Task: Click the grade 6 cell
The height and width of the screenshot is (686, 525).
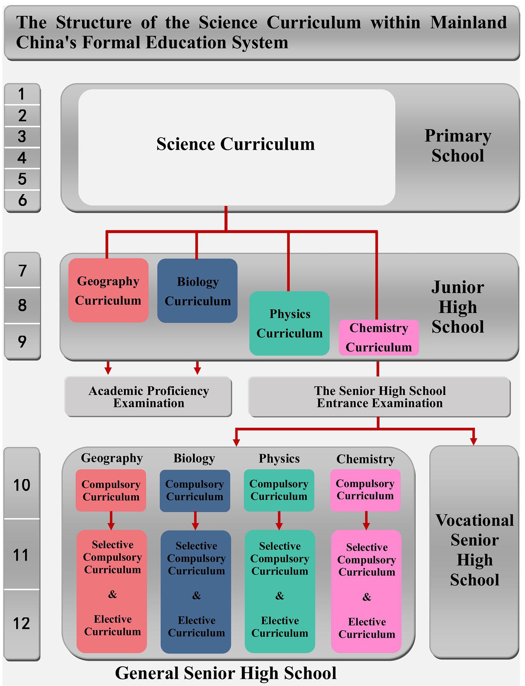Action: (22, 200)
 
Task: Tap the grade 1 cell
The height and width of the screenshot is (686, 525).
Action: (22, 94)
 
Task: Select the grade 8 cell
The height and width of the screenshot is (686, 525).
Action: (22, 305)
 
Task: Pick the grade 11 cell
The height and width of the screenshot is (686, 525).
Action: (21, 555)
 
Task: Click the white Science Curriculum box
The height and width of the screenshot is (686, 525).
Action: (236, 147)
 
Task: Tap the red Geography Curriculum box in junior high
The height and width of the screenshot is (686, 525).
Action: (108, 290)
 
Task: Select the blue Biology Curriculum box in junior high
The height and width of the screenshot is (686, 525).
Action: (197, 291)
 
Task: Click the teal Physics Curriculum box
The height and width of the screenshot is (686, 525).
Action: (289, 323)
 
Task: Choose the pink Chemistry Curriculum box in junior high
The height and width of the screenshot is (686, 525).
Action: (379, 337)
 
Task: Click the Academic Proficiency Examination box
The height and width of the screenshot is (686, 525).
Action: (148, 397)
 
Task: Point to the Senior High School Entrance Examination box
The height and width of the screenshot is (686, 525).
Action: (379, 397)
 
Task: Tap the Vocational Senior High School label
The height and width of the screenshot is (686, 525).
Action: (474, 550)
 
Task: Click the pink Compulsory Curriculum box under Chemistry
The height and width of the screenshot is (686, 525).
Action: (365, 490)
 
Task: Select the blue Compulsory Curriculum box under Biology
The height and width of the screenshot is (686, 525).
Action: (195, 490)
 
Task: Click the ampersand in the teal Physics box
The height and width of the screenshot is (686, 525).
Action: (279, 596)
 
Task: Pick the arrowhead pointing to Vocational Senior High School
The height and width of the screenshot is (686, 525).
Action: (473, 441)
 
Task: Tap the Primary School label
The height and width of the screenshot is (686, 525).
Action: (458, 145)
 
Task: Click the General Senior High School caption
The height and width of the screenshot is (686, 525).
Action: (226, 673)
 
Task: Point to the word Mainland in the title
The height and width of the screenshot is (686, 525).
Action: (469, 23)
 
